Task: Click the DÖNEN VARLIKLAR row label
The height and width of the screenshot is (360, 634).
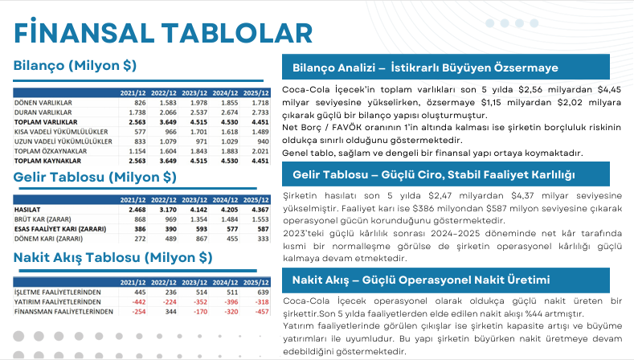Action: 40,104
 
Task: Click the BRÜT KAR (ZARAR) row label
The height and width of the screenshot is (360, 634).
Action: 39,219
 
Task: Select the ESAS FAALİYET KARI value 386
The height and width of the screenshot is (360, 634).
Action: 136,228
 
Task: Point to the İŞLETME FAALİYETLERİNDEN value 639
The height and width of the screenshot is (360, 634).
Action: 257,292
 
